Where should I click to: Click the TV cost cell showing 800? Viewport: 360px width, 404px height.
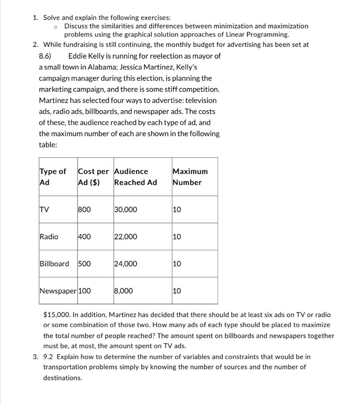[84, 209]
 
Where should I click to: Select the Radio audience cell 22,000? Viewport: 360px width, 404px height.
[126, 237]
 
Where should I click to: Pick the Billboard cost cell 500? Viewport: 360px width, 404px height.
[84, 264]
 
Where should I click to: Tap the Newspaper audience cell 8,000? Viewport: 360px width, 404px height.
[123, 291]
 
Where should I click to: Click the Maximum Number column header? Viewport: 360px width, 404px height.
[190, 177]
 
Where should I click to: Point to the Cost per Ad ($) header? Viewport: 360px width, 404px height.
[93, 177]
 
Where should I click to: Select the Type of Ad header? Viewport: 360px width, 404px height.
[53, 177]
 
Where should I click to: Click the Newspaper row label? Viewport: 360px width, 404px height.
[58, 291]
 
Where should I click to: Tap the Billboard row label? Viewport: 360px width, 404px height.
[54, 264]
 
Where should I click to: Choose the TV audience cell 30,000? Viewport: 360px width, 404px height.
[126, 209]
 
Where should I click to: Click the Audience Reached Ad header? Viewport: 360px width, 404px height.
[135, 177]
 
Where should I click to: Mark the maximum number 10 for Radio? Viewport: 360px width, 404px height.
[177, 237]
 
